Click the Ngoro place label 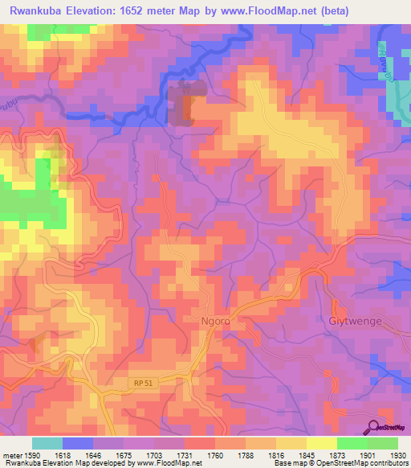click(x=215, y=320)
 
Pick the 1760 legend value click(x=215, y=454)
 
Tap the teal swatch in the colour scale click(x=47, y=443)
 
